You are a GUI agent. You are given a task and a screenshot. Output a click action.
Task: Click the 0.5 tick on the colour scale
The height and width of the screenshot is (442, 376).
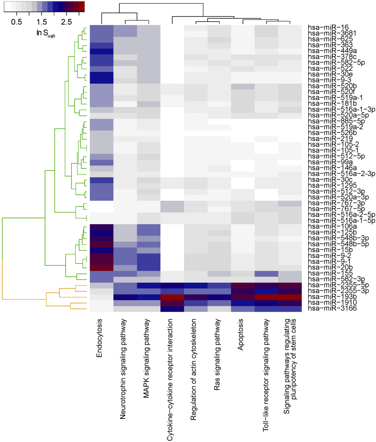(x=16, y=22)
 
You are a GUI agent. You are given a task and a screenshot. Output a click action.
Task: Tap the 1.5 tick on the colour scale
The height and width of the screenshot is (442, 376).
(x=41, y=22)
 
